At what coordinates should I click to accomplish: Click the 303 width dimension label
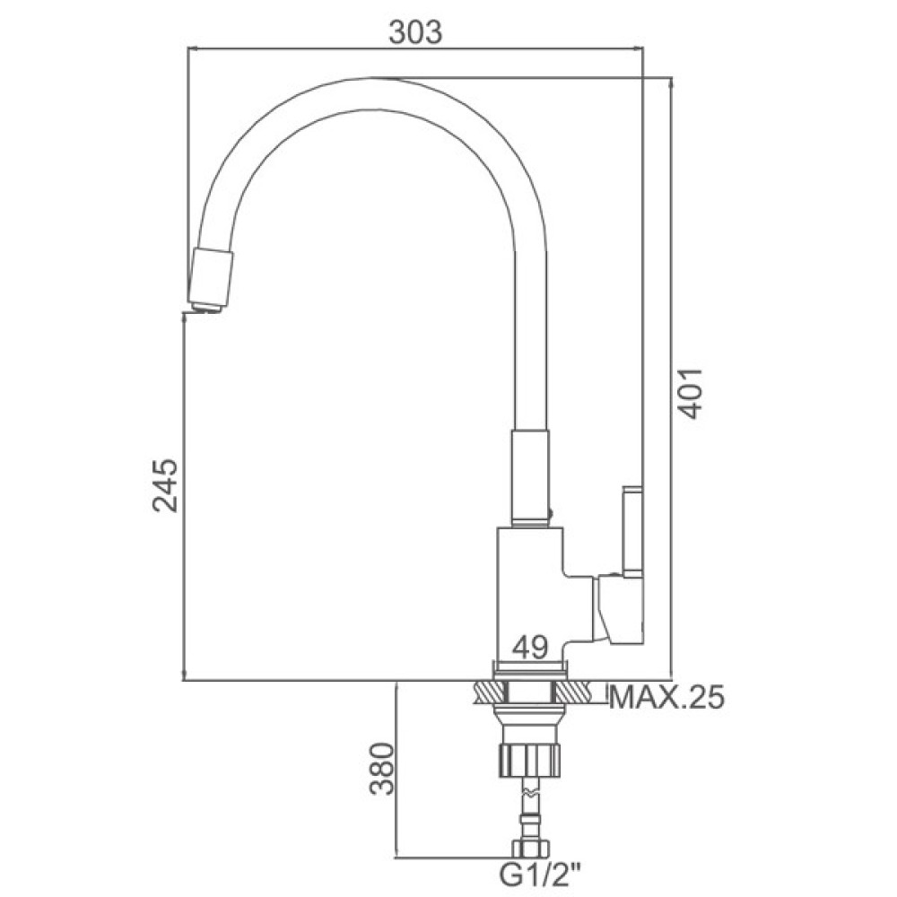415,32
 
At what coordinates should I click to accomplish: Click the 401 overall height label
689,393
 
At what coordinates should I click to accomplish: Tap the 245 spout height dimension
165,485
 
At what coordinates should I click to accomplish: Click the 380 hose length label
381,769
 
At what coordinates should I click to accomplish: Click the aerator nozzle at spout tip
211,280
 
